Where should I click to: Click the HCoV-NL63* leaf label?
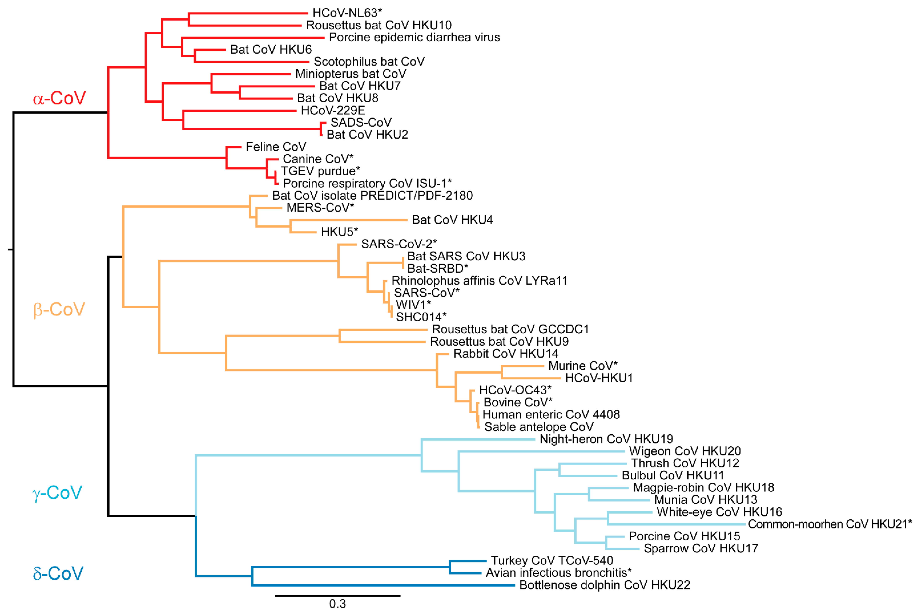tap(347, 13)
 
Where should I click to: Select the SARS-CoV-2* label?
tap(398, 244)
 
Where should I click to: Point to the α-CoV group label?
tap(59, 98)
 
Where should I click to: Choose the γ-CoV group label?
tap(57, 493)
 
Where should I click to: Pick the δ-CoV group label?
tap(58, 573)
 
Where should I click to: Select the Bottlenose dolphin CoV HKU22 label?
tap(604, 585)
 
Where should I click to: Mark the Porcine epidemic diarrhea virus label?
tap(414, 37)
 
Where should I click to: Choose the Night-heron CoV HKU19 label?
tap(606, 439)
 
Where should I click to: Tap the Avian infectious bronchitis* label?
tap(558, 573)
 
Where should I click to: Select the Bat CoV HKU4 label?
tap(452, 220)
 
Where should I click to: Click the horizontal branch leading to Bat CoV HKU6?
tap(210, 50)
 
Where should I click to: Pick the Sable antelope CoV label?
tap(539, 427)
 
